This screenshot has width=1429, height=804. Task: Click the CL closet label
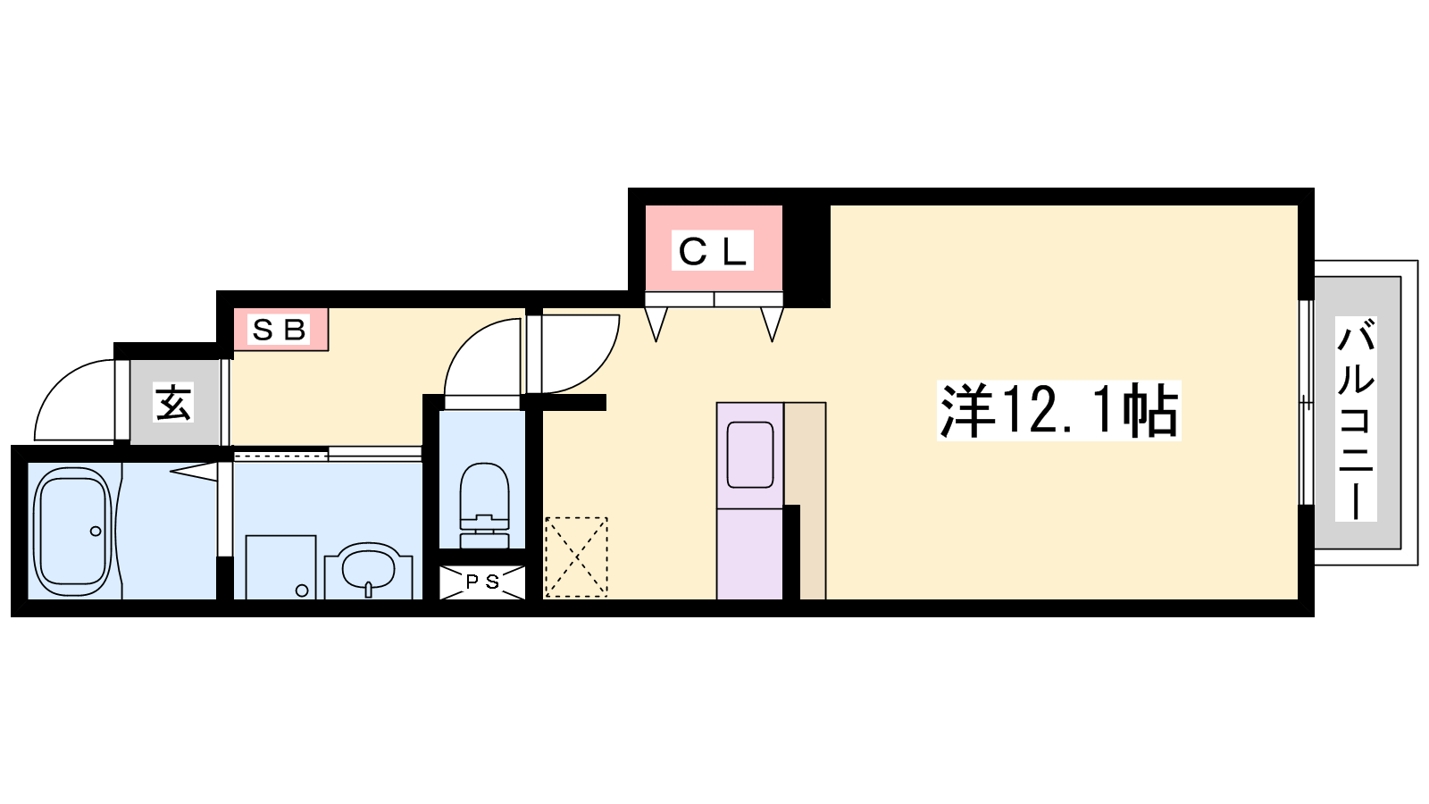click(x=712, y=251)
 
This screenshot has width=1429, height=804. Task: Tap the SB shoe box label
click(x=279, y=330)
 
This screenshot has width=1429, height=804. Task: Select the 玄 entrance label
click(x=174, y=402)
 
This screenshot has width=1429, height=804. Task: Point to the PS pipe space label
click(x=482, y=582)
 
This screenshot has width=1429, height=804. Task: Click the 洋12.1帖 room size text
click(x=1059, y=410)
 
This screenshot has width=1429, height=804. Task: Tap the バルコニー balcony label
click(x=1356, y=419)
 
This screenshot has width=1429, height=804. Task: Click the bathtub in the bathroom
click(x=71, y=531)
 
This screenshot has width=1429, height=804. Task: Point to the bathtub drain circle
click(x=96, y=531)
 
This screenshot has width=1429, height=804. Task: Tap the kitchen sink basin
click(x=750, y=455)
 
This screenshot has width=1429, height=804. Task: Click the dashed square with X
click(x=576, y=557)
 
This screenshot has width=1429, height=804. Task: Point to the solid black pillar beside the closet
click(x=806, y=256)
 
